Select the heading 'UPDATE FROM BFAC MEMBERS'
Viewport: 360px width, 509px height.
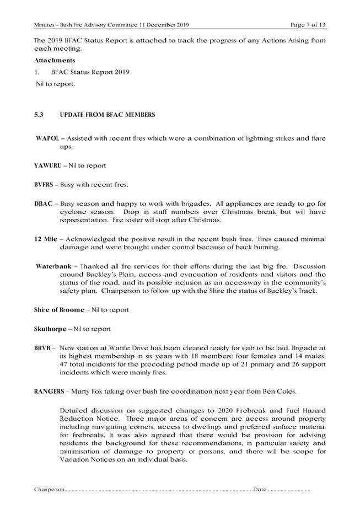109,115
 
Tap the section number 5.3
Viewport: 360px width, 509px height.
39,115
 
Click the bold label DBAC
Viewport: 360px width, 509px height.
44,203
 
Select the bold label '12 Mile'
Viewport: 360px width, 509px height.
47,238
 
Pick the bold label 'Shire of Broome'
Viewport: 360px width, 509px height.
59,309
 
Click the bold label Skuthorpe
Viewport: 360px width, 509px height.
51,329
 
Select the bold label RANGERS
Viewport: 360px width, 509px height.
52,392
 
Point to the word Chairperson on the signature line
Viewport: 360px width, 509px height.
50,490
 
